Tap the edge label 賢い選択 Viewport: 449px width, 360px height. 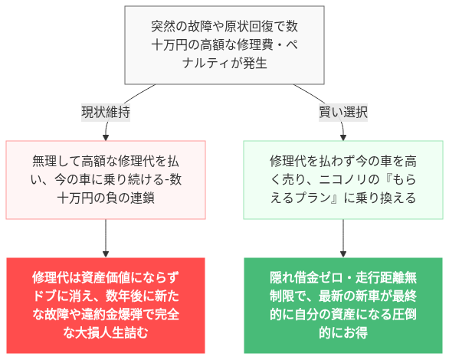tap(343, 112)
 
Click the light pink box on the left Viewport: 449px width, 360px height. tap(106, 180)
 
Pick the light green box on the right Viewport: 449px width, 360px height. tap(343, 180)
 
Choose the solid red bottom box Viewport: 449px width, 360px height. tap(106, 304)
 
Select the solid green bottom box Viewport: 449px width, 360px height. tap(343, 304)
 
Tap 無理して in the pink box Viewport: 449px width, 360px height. tap(55, 162)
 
